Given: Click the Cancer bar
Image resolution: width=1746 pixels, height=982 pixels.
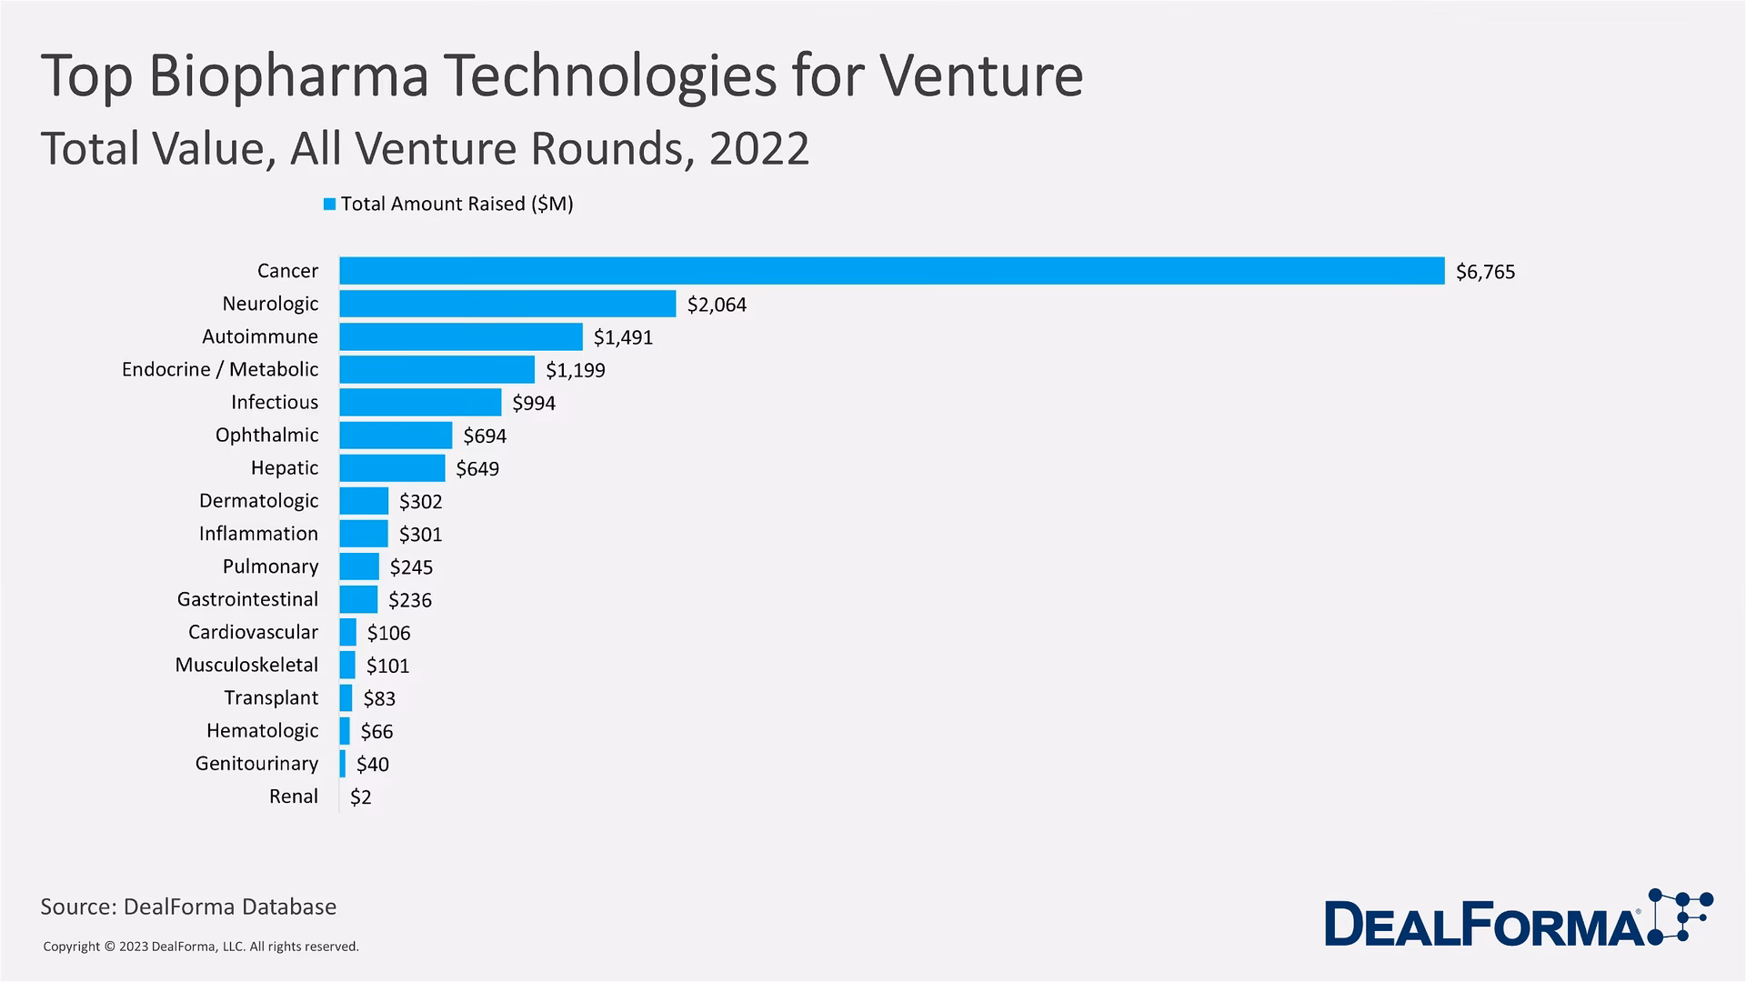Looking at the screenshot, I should click(891, 271).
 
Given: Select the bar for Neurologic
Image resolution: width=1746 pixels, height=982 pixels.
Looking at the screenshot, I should click(507, 304).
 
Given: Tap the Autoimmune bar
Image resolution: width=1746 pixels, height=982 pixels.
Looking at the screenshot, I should click(461, 336).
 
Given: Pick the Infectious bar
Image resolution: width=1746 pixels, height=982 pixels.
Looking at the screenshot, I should click(420, 402).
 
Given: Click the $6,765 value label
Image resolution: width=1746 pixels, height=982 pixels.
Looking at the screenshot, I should click(1485, 272).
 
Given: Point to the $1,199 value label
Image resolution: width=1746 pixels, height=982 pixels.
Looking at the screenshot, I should click(575, 370).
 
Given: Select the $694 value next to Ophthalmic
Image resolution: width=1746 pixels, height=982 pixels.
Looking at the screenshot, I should click(485, 436).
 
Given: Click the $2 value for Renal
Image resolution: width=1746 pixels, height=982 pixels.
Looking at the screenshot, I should click(361, 797).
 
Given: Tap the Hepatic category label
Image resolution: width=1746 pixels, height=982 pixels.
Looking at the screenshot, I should click(285, 468).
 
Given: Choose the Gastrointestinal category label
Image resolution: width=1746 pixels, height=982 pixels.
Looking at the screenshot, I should click(247, 599).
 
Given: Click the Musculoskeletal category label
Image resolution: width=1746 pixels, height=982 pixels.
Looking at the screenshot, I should click(246, 665).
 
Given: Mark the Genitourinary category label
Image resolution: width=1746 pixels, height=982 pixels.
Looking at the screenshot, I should click(256, 764).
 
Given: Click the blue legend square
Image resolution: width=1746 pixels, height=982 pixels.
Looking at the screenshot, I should click(329, 205).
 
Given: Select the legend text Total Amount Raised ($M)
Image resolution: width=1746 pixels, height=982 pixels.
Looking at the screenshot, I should click(457, 204).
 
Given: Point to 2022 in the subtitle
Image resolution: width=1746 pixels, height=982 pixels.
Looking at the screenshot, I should click(759, 149).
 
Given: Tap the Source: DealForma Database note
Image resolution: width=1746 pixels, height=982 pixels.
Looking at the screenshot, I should click(188, 907).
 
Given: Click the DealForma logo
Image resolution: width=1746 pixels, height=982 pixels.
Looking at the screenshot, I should click(1517, 920).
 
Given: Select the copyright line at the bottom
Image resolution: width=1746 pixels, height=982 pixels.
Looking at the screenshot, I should click(201, 947).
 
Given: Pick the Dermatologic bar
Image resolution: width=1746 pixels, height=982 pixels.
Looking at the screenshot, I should click(364, 501).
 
